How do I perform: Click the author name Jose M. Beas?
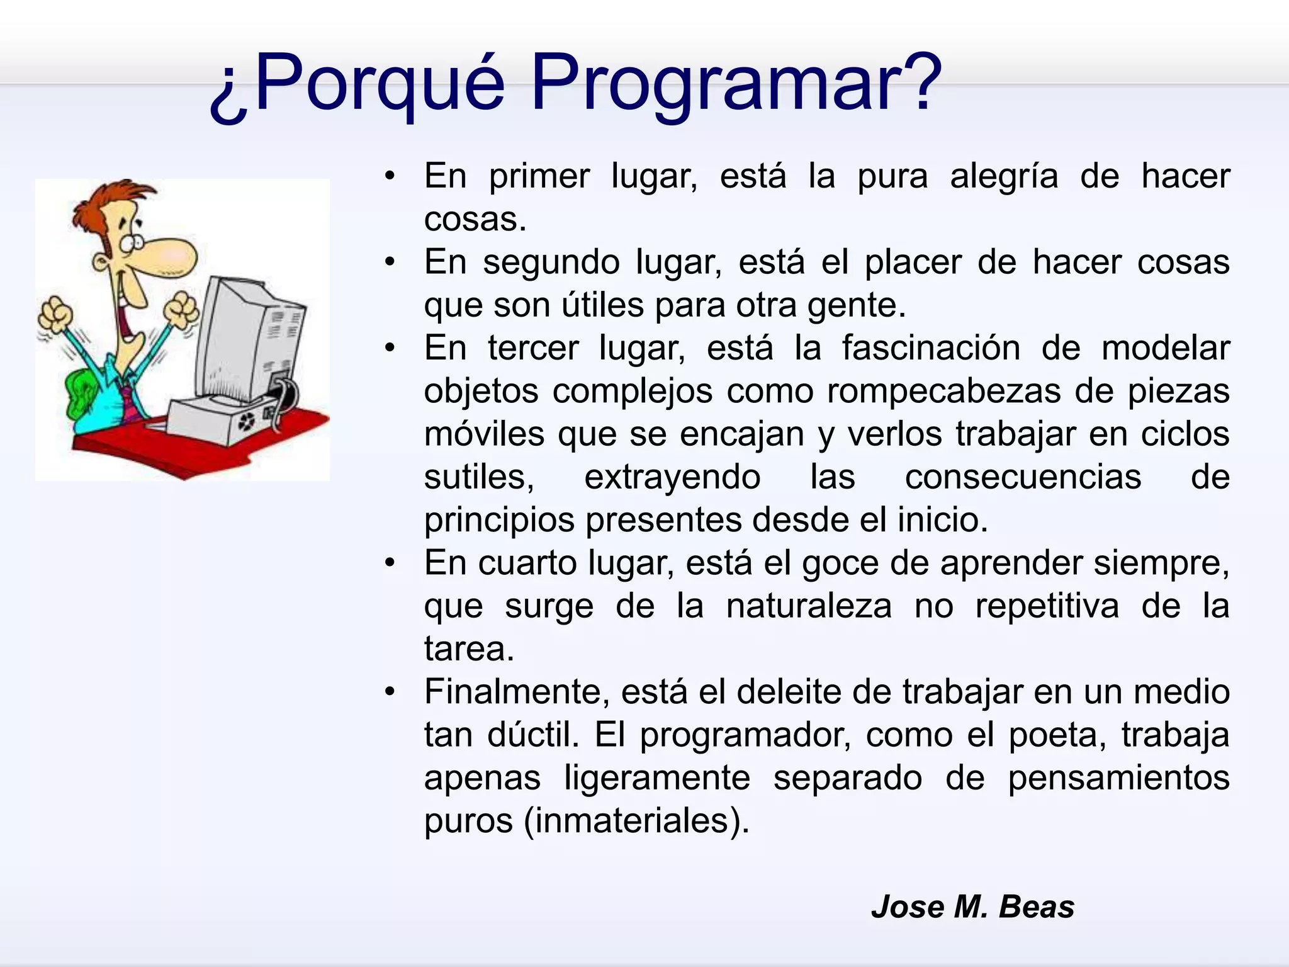pyautogui.click(x=972, y=907)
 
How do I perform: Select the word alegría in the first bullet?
pyautogui.click(x=1004, y=176)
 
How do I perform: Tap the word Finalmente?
pyautogui.click(x=517, y=692)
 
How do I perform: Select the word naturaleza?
pyautogui.click(x=808, y=606)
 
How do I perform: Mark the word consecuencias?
pyautogui.click(x=1023, y=477)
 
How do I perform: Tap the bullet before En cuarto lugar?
pyautogui.click(x=391, y=562)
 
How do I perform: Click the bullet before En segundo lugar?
pyautogui.click(x=391, y=261)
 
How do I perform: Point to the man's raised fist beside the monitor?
pyautogui.click(x=183, y=308)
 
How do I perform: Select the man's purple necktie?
pyautogui.click(x=130, y=403)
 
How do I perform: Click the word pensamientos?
pyautogui.click(x=1118, y=778)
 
